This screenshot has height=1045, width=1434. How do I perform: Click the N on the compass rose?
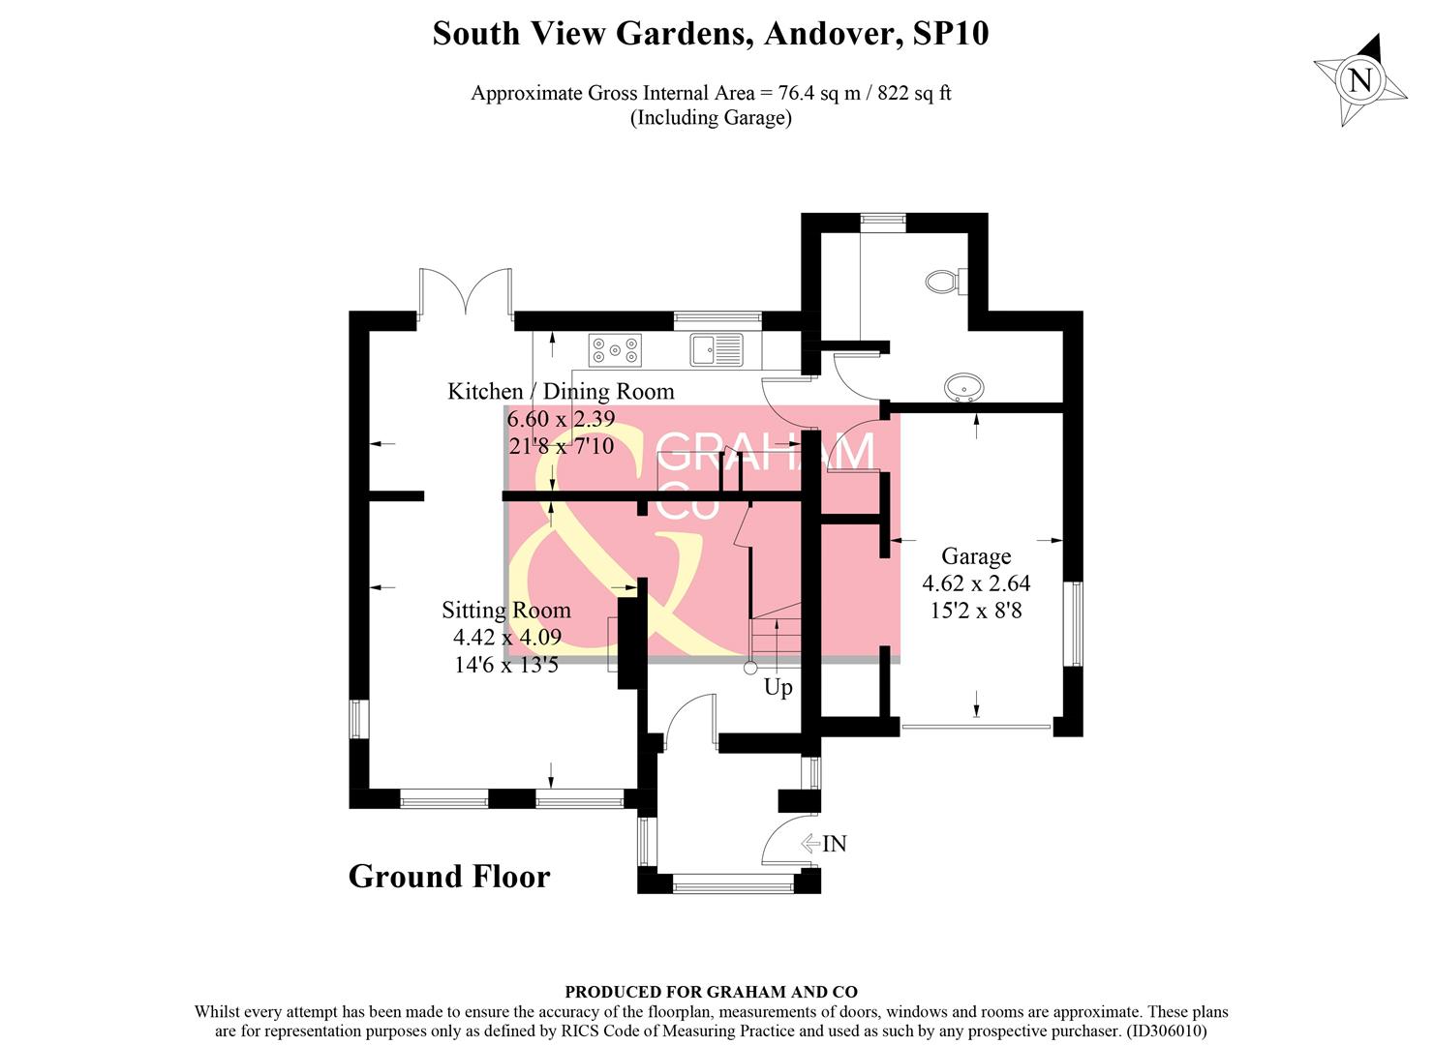(x=1360, y=79)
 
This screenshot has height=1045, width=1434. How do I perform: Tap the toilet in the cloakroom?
(x=942, y=282)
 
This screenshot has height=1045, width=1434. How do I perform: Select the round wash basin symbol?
(x=963, y=388)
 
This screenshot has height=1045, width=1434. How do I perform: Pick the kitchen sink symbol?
(x=717, y=349)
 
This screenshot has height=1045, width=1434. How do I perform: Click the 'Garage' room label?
(x=976, y=556)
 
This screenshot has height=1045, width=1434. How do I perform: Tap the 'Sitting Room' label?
(x=506, y=611)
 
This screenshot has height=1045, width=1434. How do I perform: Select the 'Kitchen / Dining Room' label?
(x=561, y=391)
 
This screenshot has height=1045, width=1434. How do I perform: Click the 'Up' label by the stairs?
(x=778, y=687)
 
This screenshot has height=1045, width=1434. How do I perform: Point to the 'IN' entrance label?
(x=834, y=844)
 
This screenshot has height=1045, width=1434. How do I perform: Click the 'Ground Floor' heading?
(x=449, y=876)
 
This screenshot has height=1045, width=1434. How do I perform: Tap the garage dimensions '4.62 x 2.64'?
(x=976, y=583)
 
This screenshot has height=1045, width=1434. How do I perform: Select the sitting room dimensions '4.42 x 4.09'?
(x=507, y=638)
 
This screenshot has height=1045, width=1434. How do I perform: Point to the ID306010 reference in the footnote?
(x=1167, y=1031)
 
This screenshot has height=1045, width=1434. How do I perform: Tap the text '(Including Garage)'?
(x=712, y=118)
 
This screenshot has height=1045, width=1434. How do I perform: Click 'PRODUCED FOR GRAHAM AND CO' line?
(x=712, y=992)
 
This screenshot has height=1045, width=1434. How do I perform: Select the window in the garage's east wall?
(x=1073, y=624)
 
